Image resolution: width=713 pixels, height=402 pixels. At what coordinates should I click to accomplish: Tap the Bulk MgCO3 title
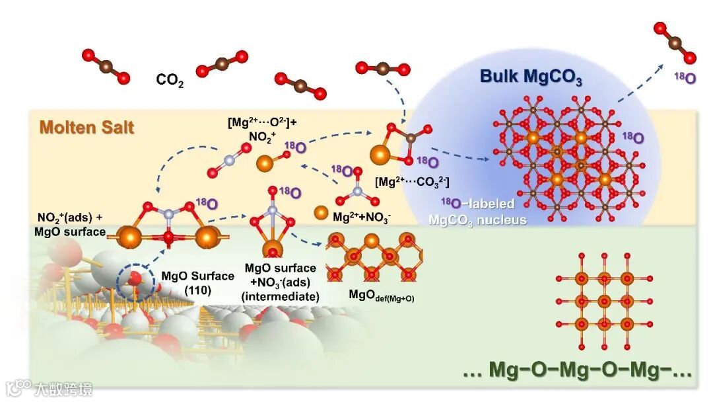point(531,77)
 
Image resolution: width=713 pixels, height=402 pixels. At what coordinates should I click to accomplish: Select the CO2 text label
point(170,80)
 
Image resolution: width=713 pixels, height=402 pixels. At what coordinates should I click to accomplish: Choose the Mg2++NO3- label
point(362,216)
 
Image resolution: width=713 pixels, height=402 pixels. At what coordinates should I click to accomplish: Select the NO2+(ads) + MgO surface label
point(72,225)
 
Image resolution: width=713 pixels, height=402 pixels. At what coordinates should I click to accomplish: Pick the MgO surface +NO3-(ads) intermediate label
point(280,282)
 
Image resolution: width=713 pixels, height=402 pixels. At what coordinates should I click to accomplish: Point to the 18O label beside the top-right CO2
point(685,78)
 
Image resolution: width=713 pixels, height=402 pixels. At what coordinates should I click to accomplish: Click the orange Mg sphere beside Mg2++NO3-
point(320,213)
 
